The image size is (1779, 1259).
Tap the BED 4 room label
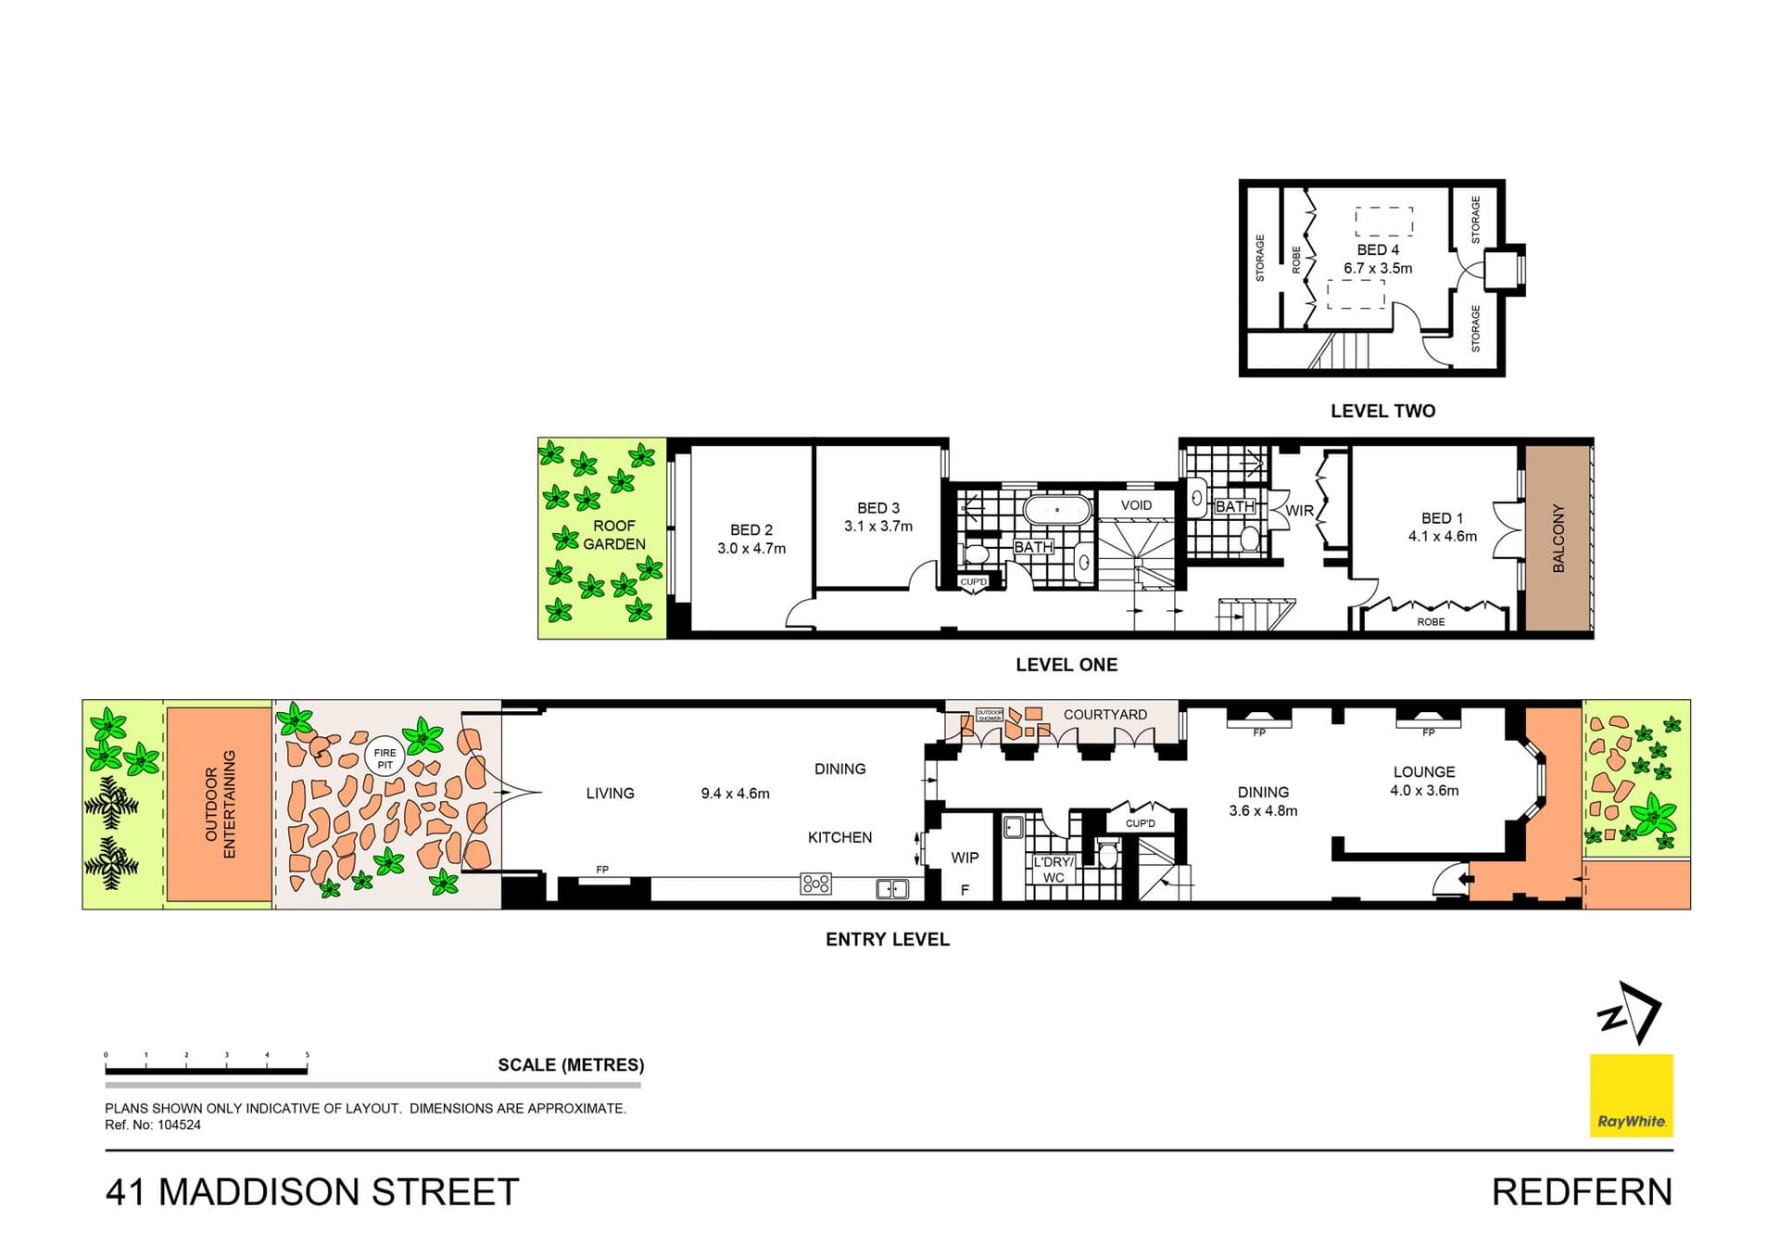click(1378, 250)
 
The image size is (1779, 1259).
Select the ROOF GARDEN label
click(613, 535)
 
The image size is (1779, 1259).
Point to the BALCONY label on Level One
click(1558, 538)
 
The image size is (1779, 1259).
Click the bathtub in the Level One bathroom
click(1057, 510)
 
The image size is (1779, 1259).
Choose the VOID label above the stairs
click(1136, 505)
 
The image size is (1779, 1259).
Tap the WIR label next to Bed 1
click(1299, 511)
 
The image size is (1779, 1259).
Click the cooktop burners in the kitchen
click(815, 884)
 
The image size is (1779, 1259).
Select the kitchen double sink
click(892, 889)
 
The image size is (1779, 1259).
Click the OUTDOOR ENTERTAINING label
click(221, 804)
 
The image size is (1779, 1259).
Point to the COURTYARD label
click(1104, 715)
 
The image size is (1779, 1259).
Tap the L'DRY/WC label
click(1054, 870)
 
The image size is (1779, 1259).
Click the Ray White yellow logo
click(1631, 1095)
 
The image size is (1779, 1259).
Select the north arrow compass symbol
click(1631, 1013)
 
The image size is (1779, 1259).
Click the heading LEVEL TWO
click(1382, 412)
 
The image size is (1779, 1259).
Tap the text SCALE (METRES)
click(571, 1065)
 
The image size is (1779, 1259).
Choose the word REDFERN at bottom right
click(1582, 1192)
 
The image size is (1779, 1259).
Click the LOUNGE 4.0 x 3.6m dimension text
click(1424, 791)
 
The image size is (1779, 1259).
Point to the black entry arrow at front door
click(1465, 879)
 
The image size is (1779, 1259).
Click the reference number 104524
click(179, 1125)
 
